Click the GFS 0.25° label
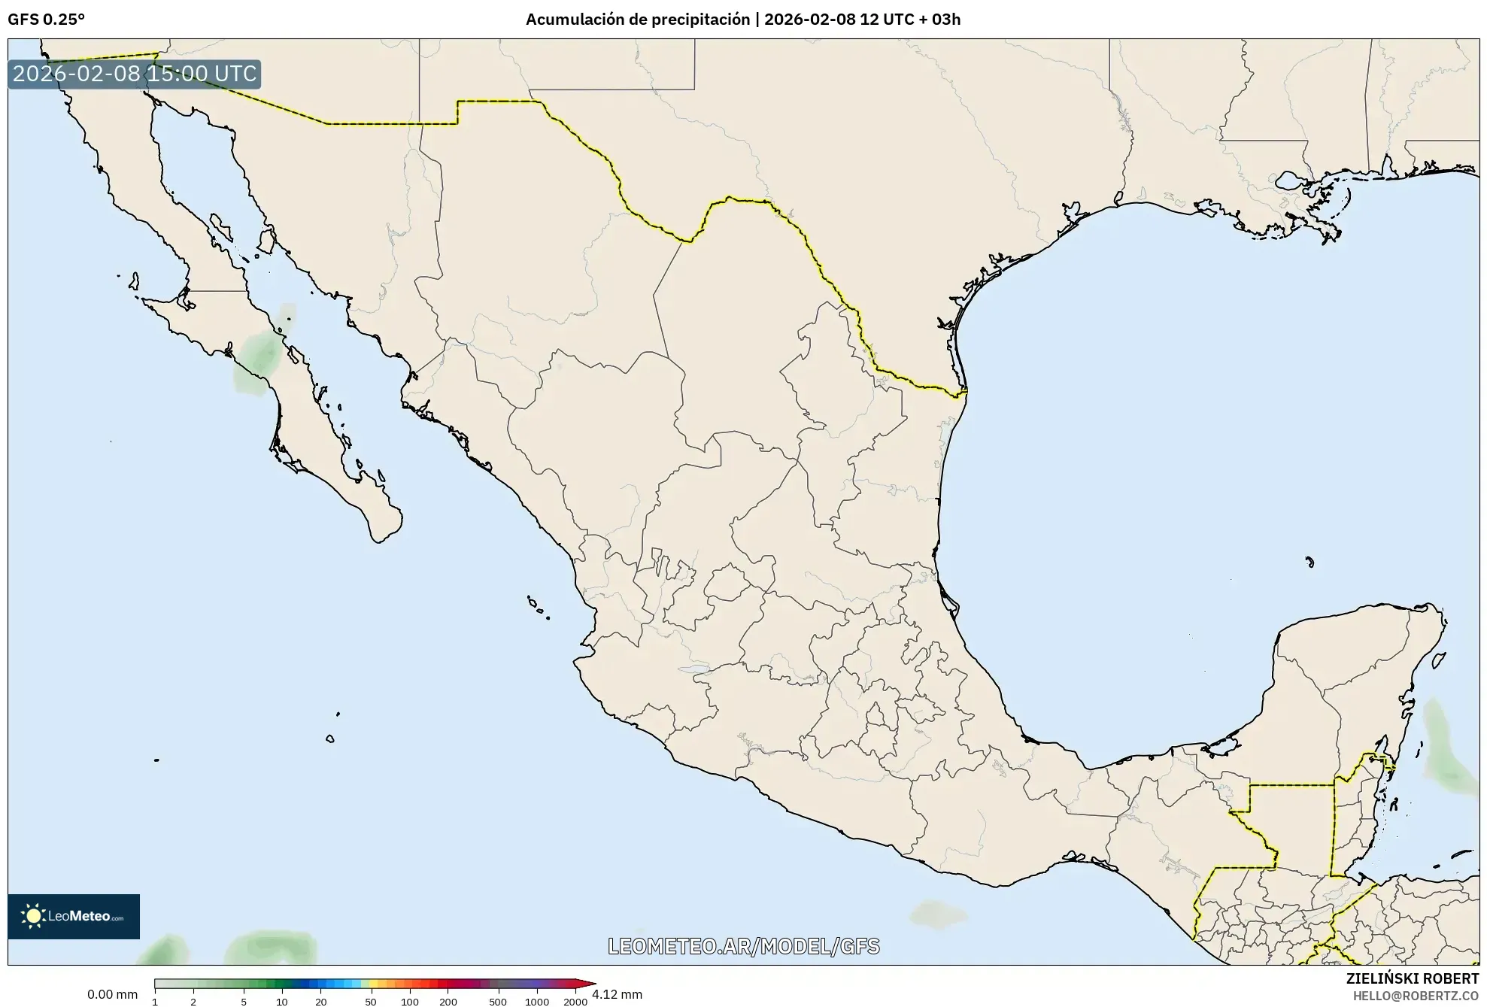coord(46,20)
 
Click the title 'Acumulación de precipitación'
coord(637,20)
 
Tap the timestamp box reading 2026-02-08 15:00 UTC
coord(135,74)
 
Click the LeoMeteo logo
coord(74,916)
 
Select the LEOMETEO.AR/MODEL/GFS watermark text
coord(743,946)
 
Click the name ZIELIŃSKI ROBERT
coord(1412,978)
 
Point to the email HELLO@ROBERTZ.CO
coord(1416,996)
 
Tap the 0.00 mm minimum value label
coord(112,994)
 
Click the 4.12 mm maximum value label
coord(617,994)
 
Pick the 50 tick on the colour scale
coord(370,1001)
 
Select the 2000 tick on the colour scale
coord(575,1001)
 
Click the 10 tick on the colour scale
coord(282,1001)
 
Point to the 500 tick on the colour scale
coord(498,1001)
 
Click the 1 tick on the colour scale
coord(155,1001)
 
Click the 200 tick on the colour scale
coord(448,1001)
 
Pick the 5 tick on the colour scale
coord(244,1001)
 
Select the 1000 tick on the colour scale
coord(537,1001)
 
